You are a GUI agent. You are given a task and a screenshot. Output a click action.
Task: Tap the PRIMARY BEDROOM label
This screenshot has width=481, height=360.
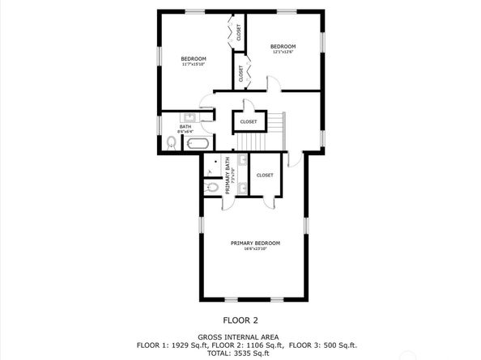255,244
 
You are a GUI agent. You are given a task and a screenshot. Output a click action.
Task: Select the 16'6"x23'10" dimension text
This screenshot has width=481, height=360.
255,249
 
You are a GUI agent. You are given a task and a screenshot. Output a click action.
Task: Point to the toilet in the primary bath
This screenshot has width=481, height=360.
211,187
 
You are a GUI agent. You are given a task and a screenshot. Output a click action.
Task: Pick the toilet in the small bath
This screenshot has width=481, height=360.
171,143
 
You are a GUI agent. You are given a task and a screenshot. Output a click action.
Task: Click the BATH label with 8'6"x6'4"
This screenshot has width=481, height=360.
185,126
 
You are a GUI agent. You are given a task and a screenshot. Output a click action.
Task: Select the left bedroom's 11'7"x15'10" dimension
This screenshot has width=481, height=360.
193,64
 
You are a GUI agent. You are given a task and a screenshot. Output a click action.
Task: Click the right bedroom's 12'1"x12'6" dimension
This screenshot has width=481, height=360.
283,52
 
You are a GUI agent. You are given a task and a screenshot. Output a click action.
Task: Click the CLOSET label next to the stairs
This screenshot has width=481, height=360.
248,122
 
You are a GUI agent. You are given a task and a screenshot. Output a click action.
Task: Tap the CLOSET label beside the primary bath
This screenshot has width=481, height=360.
265,175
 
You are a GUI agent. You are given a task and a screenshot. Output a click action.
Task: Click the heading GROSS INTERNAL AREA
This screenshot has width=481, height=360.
240,337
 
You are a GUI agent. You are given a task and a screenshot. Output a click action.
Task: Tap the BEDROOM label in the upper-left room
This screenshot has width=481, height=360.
193,58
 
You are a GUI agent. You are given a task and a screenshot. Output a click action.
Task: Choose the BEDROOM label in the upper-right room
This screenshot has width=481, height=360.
283,46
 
